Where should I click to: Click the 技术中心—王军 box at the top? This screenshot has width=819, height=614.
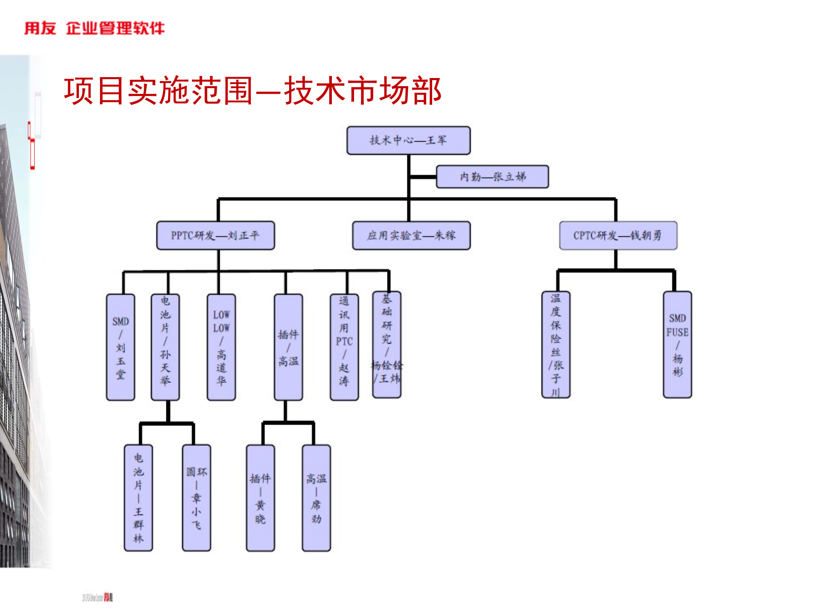tap(408, 140)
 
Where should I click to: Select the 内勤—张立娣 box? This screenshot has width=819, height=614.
tap(492, 177)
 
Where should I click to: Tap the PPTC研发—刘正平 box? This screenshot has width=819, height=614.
tap(215, 235)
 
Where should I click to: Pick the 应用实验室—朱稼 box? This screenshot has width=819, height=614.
tap(411, 235)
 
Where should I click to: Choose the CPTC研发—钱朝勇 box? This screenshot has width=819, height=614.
tap(618, 235)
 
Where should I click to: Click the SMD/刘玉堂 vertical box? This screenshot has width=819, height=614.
tap(121, 347)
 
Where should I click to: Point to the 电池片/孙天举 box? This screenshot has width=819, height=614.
tap(165, 347)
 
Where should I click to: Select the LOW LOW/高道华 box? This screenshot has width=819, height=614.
tap(221, 347)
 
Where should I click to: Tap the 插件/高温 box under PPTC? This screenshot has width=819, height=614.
tap(288, 347)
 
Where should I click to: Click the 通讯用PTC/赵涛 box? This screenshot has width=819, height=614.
tap(344, 347)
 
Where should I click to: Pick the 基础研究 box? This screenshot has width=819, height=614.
tap(386, 345)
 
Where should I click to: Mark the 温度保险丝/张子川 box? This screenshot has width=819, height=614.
tap(555, 345)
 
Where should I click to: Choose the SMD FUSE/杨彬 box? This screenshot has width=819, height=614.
tap(677, 345)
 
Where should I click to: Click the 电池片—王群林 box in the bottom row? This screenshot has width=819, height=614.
tap(138, 498)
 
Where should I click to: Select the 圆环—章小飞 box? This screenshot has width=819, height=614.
tap(196, 498)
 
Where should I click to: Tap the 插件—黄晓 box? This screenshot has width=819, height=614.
tap(260, 498)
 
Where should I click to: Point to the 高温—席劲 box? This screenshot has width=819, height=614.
tap(316, 498)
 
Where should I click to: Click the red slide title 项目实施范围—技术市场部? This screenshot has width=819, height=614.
tap(253, 91)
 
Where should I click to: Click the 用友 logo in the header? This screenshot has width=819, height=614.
tap(40, 28)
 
